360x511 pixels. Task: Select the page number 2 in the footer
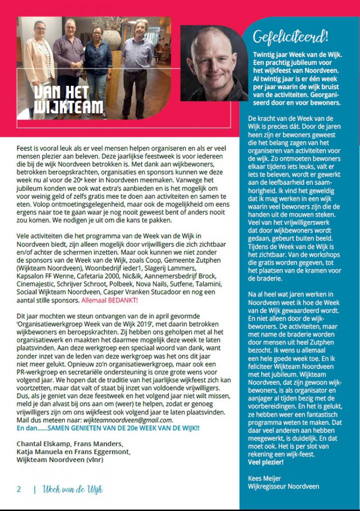(19, 489)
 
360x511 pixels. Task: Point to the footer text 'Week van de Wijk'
(73, 489)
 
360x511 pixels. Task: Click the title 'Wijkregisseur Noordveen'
(283, 486)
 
